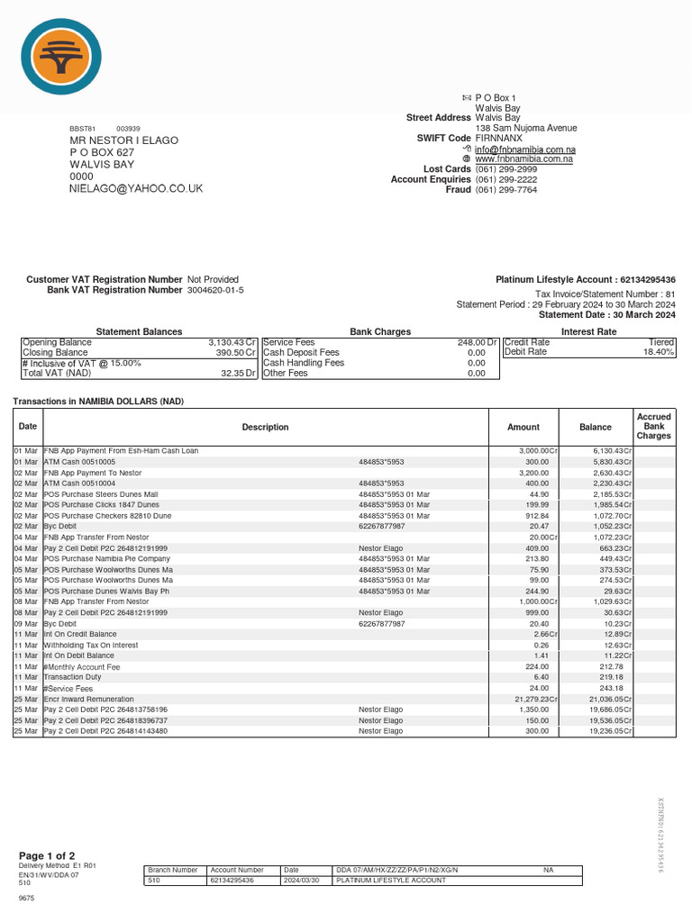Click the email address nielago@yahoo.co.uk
[136, 188]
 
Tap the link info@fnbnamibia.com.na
[525, 149]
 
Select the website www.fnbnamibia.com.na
[524, 159]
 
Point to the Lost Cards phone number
[505, 169]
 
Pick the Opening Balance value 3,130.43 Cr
[232, 343]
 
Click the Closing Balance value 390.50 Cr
[236, 353]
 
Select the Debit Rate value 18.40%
[658, 353]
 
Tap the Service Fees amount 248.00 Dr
[477, 343]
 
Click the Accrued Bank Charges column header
[653, 427]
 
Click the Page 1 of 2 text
[47, 854]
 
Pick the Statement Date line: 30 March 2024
[606, 315]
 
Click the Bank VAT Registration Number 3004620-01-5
[214, 290]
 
